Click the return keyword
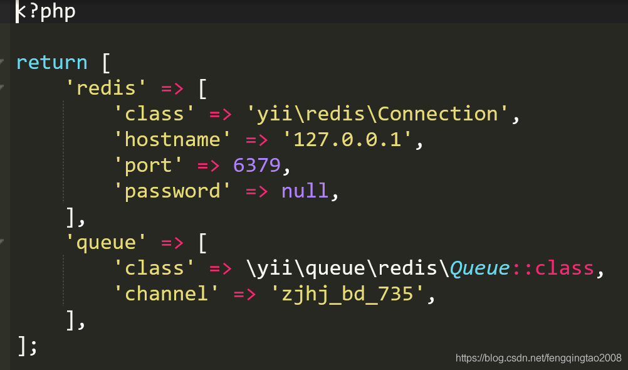coord(51,63)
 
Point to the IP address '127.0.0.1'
coord(347,140)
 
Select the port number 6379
coord(257,166)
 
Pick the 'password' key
coord(167,191)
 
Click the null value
coord(305,191)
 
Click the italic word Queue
coord(479,268)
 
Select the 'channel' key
coord(161,294)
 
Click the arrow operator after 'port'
coord(209,166)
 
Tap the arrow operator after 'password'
coord(257,191)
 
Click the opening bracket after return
coord(105,63)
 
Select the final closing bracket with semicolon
coord(28,346)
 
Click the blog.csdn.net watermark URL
coord(538,358)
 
